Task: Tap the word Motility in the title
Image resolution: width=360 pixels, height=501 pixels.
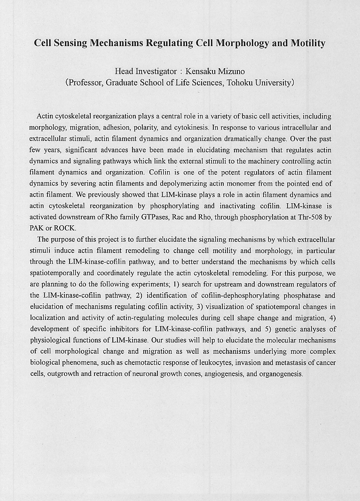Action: point(308,43)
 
